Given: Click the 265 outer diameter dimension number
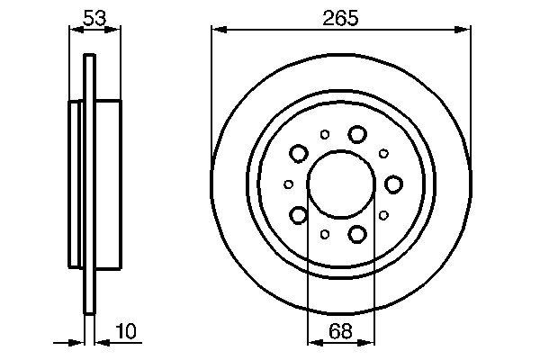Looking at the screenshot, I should [341, 17].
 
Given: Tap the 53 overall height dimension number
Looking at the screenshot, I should [94, 17].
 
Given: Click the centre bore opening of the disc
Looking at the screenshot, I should [341, 184].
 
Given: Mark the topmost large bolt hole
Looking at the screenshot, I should [357, 134].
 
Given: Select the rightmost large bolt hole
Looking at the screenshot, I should [393, 184].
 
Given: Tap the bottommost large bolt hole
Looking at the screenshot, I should [357, 235].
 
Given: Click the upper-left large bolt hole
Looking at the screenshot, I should [299, 154].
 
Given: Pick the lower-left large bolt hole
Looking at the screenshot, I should [299, 215].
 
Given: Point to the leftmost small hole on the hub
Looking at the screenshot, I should [289, 184].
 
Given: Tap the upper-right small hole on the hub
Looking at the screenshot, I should [383, 154].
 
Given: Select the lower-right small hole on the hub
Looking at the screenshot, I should [383, 215].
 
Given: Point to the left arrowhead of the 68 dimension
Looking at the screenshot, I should [313, 342].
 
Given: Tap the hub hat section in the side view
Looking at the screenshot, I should [106, 184].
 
